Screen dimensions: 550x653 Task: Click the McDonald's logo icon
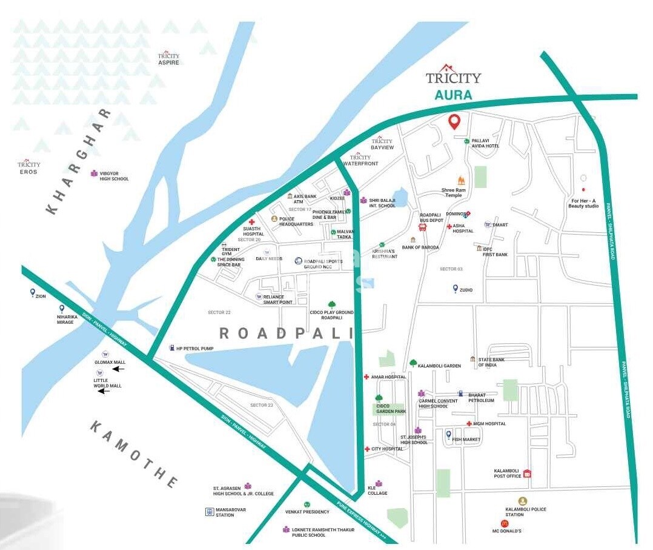504,523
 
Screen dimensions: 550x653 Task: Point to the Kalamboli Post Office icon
527,474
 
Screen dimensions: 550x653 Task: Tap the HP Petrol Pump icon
172,348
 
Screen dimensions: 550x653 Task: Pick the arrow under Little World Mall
104,391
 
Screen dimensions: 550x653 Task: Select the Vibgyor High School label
114,176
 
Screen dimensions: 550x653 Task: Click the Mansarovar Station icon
209,512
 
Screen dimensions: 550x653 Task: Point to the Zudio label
466,290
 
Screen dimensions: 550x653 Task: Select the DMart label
500,225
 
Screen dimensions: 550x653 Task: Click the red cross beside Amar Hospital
366,377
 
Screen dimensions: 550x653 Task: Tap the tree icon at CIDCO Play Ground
331,304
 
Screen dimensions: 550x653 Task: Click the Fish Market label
466,440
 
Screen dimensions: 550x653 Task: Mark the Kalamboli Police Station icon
522,501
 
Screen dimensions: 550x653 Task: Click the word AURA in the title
453,96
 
